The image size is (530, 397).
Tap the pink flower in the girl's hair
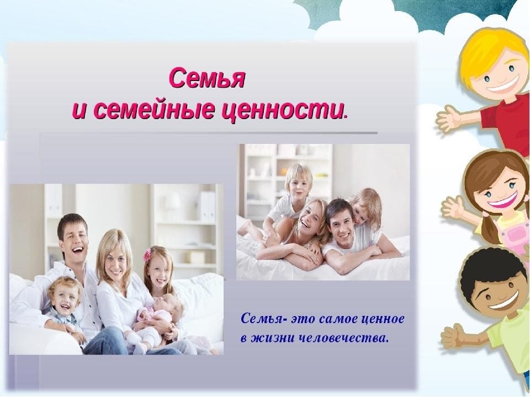147,255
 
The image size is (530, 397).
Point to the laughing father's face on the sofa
73,238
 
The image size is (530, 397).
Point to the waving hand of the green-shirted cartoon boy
453,336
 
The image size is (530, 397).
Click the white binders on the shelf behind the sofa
207,206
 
